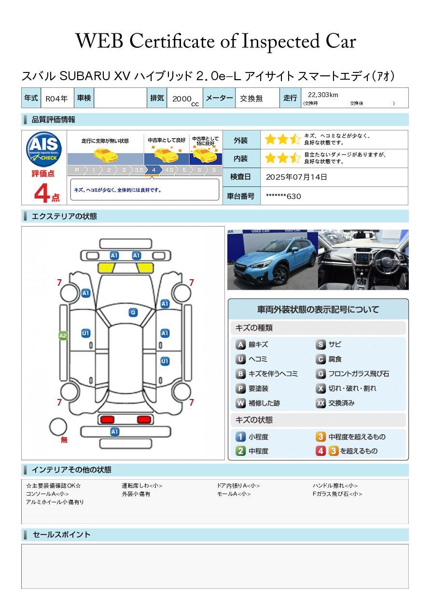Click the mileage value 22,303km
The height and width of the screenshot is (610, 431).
pyautogui.click(x=323, y=95)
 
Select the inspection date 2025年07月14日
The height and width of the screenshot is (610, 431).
pyautogui.click(x=296, y=177)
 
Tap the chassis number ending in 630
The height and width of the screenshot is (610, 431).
pyautogui.click(x=283, y=196)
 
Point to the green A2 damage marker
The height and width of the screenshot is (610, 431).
pyautogui.click(x=63, y=335)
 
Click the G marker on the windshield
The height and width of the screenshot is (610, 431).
pyautogui.click(x=133, y=312)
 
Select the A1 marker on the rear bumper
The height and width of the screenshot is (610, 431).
pyautogui.click(x=114, y=432)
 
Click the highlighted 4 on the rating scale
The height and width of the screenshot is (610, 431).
pyautogui.click(x=153, y=170)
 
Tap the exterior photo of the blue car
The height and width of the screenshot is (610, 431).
pyautogui.click(x=272, y=259)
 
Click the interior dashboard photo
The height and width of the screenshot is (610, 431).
pyautogui.click(x=363, y=259)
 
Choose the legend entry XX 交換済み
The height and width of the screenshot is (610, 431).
pyautogui.click(x=335, y=403)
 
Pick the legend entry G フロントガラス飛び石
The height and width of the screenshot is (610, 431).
pyautogui.click(x=352, y=374)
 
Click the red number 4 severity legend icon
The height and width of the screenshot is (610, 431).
pyautogui.click(x=320, y=451)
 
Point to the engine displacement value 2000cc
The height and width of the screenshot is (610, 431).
pyautogui.click(x=185, y=99)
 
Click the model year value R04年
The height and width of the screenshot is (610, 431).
pyautogui.click(x=56, y=99)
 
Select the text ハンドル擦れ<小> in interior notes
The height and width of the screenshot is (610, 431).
pyautogui.click(x=335, y=485)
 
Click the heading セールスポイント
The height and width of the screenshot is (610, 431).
pyautogui.click(x=61, y=535)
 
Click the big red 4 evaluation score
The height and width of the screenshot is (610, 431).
pyautogui.click(x=42, y=193)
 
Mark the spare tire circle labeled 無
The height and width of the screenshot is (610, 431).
pyautogui.click(x=58, y=426)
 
